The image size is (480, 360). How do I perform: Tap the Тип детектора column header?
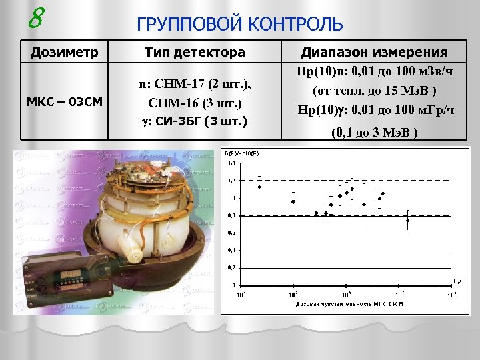pyautogui.click(x=195, y=51)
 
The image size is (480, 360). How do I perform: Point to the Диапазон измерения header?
pyautogui.click(x=374, y=51)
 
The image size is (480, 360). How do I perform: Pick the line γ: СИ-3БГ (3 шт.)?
pyautogui.click(x=195, y=121)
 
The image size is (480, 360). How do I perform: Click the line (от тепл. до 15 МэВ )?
pyautogui.click(x=374, y=89)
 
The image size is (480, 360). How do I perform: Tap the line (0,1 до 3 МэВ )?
pyautogui.click(x=374, y=133)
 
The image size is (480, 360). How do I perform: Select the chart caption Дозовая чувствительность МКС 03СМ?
pyautogui.click(x=346, y=304)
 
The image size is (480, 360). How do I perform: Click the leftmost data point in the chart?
pyautogui.click(x=259, y=187)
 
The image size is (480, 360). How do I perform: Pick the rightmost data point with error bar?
pyautogui.click(x=407, y=220)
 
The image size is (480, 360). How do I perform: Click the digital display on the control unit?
pyautogui.click(x=69, y=275)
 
